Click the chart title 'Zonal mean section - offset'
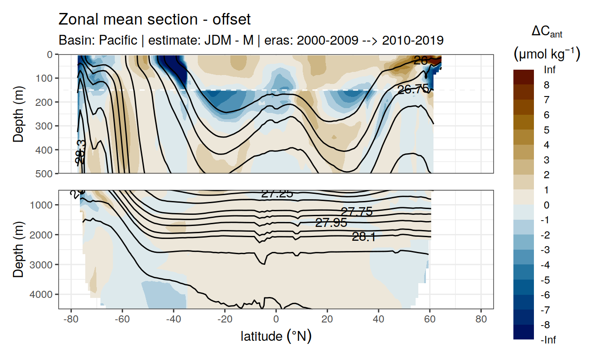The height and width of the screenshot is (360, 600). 154,20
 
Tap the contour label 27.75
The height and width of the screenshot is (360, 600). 356,212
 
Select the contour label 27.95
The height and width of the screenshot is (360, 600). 331,222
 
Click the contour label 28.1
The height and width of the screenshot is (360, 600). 363,237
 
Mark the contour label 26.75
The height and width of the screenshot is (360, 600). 413,89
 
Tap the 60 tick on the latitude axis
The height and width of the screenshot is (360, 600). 430,320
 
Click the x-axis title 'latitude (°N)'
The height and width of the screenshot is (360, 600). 276,336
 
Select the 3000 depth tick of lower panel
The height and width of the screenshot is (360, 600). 43,264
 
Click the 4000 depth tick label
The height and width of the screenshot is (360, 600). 43,294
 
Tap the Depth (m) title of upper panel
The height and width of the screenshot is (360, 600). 19,113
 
